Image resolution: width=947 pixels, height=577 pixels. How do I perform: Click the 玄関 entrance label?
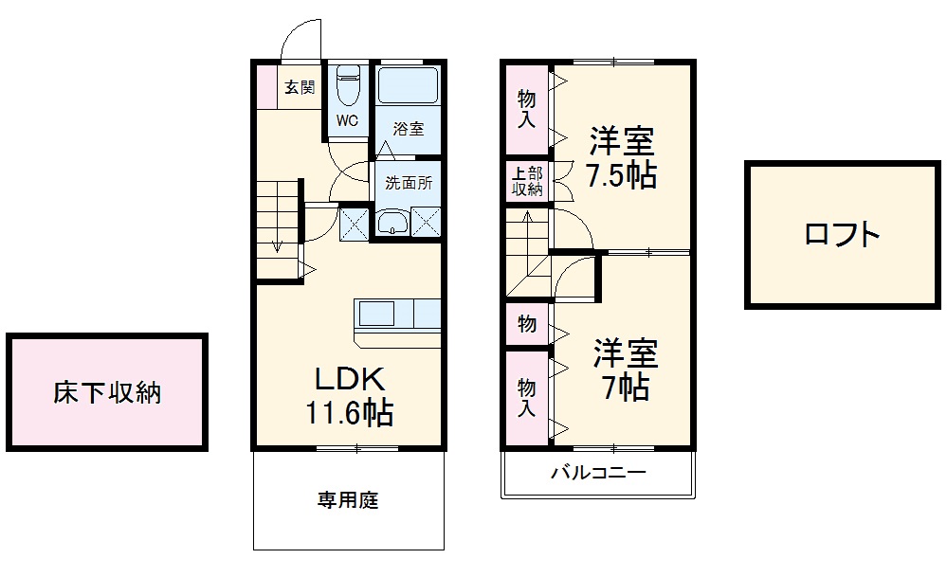pyautogui.click(x=300, y=88)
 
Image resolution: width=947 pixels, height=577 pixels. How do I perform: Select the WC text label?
pyautogui.click(x=347, y=121)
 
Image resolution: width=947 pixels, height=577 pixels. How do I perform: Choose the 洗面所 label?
pyautogui.click(x=409, y=183)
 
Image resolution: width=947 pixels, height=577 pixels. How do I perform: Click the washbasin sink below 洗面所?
pyautogui.click(x=392, y=223)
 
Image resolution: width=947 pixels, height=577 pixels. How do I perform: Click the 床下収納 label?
pyautogui.click(x=106, y=391)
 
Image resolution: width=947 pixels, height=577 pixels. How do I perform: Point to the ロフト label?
pyautogui.click(x=842, y=234)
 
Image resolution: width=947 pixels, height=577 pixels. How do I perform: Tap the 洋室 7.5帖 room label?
pyautogui.click(x=621, y=157)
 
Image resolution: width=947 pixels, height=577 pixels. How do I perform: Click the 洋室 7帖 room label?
pyautogui.click(x=625, y=370)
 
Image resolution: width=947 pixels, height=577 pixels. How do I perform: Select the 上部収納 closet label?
pyautogui.click(x=527, y=181)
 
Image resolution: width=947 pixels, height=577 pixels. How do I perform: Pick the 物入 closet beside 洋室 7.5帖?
pyautogui.click(x=526, y=108)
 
